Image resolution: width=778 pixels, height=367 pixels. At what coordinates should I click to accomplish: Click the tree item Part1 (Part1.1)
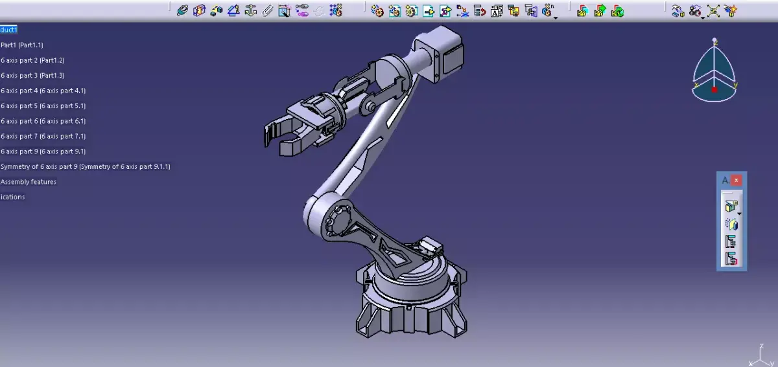22,45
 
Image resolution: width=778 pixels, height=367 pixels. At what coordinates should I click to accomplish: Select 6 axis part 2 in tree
32,60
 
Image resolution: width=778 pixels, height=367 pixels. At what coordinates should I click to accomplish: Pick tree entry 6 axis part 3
32,76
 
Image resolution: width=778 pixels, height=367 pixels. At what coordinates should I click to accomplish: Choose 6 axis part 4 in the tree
43,91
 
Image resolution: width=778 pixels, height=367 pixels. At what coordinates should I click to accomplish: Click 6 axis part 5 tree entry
43,106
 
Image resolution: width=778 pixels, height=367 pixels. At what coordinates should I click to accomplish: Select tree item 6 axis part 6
43,121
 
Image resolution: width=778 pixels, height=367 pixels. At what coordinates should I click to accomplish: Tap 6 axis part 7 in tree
43,137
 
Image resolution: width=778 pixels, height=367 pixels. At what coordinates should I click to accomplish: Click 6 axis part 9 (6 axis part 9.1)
43,151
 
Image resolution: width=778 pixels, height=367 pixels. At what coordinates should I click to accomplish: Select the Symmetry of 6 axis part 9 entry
85,167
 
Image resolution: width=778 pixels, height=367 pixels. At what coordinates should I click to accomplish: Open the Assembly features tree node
29,182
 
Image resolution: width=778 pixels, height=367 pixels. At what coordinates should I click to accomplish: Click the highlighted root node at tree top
8,30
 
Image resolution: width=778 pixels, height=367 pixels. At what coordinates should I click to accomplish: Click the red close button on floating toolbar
737,181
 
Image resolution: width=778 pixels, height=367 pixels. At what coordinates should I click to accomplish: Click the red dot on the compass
714,90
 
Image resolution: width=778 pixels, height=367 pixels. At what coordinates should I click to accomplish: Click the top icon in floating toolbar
731,207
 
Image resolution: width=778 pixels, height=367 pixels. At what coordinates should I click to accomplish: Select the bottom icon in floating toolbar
731,259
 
